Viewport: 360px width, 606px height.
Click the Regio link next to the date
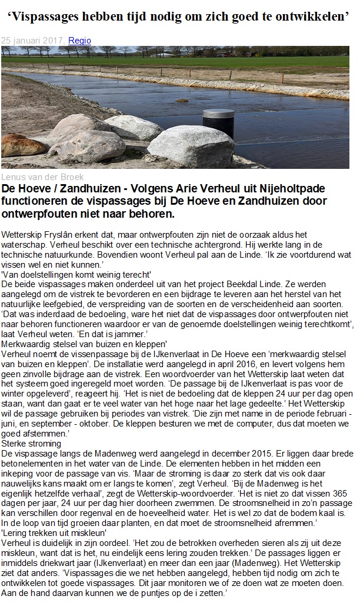pyautogui.click(x=79, y=41)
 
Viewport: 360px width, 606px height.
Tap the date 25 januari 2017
pyautogui.click(x=33, y=41)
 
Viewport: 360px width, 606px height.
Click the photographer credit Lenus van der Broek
pyautogui.click(x=42, y=177)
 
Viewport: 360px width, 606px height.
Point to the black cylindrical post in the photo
pyautogui.click(x=210, y=123)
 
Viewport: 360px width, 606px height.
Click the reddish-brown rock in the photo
pyautogui.click(x=23, y=144)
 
